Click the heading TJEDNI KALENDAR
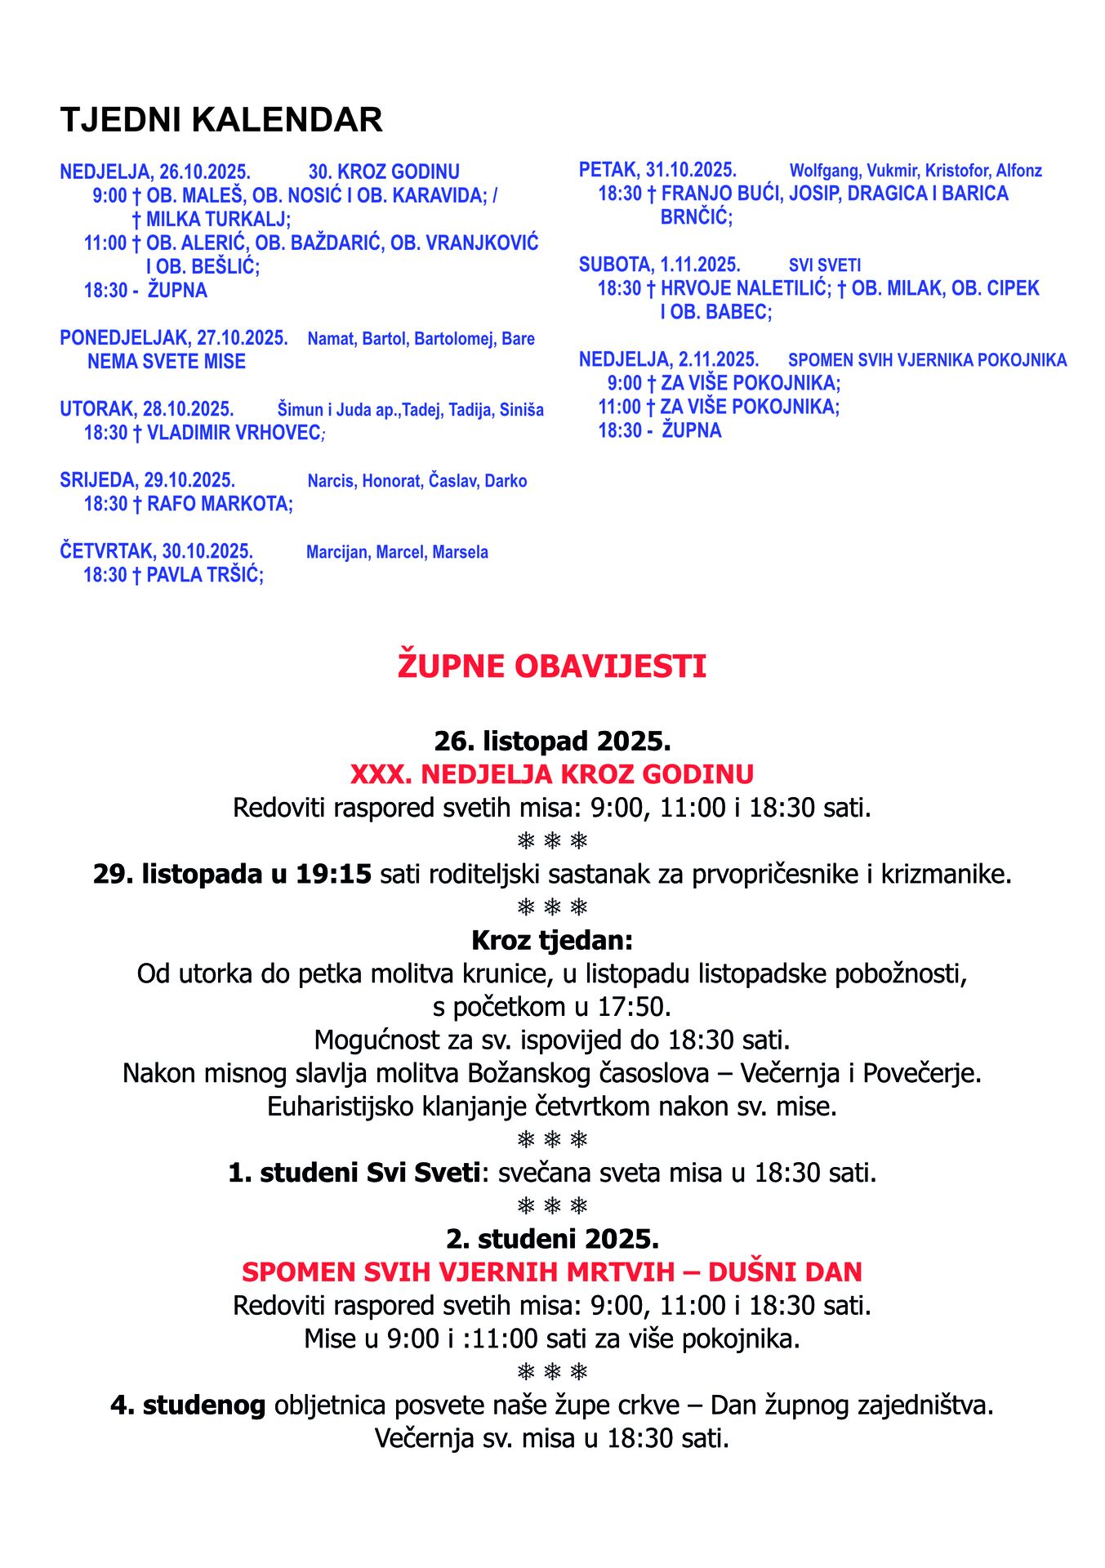pyautogui.click(x=221, y=120)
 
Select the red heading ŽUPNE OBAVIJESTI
pyautogui.click(x=552, y=666)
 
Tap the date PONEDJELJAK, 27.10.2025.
pyautogui.click(x=174, y=338)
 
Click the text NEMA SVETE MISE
pyautogui.click(x=167, y=362)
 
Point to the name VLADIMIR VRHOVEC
pyautogui.click(x=234, y=433)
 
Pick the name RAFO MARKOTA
pyautogui.click(x=218, y=504)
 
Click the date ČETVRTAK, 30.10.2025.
pyautogui.click(x=157, y=551)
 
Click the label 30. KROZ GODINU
pyautogui.click(x=384, y=172)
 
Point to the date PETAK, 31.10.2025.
pyautogui.click(x=657, y=170)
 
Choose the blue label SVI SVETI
pyautogui.click(x=825, y=265)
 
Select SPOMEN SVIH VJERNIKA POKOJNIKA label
pyautogui.click(x=927, y=360)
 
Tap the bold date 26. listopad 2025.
pyautogui.click(x=552, y=741)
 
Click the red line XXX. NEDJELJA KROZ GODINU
pyautogui.click(x=552, y=773)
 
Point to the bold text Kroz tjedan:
pyautogui.click(x=552, y=940)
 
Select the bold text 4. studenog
pyautogui.click(x=189, y=1405)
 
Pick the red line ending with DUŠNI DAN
pyautogui.click(x=552, y=1272)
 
